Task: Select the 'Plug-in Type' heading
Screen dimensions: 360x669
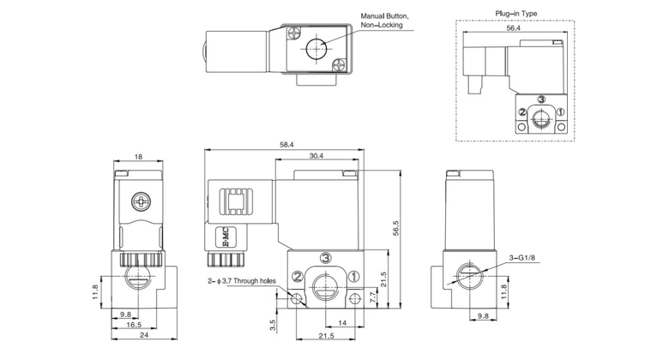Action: [x=515, y=13]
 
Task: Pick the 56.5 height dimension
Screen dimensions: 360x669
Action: [x=396, y=232]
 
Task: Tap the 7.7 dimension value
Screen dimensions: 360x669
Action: [x=371, y=296]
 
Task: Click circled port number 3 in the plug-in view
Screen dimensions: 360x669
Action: [x=541, y=100]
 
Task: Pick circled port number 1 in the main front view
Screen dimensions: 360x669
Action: [x=355, y=276]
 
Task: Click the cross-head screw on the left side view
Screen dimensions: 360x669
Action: [x=141, y=202]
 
